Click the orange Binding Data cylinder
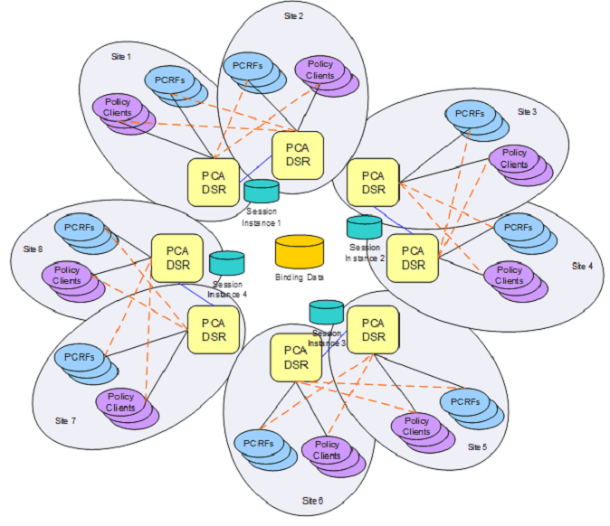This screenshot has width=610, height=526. [299, 250]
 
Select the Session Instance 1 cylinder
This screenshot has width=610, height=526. [262, 192]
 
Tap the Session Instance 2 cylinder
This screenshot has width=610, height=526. [365, 226]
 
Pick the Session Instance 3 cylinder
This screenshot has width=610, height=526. [327, 312]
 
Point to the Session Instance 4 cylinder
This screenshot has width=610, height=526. [227, 263]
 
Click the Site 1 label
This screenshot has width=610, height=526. [120, 57]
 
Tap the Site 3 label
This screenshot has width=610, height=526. [527, 112]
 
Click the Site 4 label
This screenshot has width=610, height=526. [582, 267]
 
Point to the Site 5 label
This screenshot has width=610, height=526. [477, 447]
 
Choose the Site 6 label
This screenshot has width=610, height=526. [312, 500]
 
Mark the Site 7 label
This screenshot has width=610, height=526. [66, 421]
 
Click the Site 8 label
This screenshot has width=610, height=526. [33, 249]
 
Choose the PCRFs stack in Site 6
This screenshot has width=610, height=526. [262, 447]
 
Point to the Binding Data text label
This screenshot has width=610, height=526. [299, 277]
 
